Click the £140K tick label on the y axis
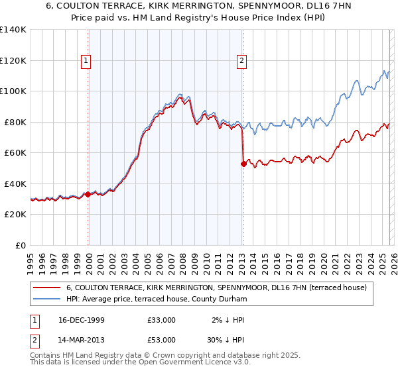point(13,30)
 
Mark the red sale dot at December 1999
point(88,195)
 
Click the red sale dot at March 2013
point(243,164)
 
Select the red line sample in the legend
point(46,288)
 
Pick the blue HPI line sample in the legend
point(46,299)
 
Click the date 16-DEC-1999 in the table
point(82,320)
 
